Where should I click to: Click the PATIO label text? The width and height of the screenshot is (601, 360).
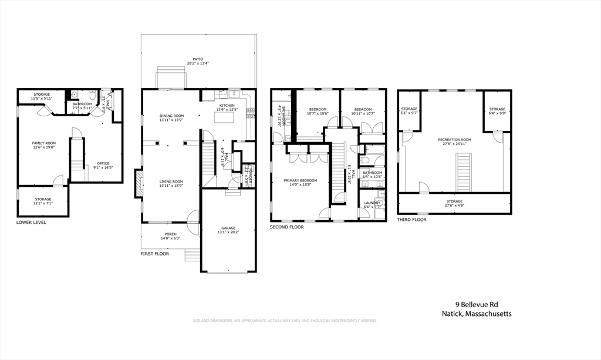point(198,60)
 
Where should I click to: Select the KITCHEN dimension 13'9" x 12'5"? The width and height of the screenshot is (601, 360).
point(227,110)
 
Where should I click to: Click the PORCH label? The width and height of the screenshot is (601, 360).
point(170,234)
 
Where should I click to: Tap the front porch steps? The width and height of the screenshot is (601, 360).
point(192,255)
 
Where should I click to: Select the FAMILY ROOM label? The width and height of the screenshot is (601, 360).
point(43,143)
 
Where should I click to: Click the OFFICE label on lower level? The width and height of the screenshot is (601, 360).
point(103,163)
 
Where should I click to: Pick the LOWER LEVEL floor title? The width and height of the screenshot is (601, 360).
point(31,223)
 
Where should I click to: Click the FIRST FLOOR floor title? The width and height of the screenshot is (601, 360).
point(154,254)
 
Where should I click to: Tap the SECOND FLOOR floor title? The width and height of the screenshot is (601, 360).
point(287,227)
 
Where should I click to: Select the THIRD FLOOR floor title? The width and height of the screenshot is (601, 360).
point(412,219)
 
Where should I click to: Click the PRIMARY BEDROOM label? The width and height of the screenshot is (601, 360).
point(300,180)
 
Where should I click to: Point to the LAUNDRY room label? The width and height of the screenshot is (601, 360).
point(372,202)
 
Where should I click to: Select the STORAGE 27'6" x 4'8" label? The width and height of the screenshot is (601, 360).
point(454,201)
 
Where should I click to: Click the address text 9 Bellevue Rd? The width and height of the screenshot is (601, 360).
point(477,304)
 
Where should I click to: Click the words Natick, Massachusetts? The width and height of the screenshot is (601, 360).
point(477,314)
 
